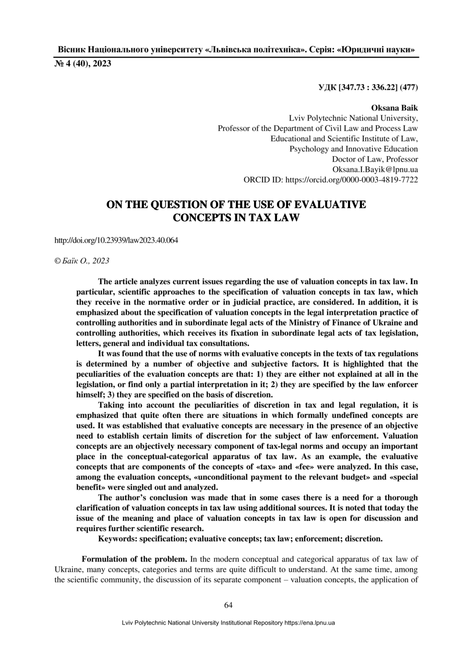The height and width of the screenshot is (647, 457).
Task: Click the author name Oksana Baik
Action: tap(394, 109)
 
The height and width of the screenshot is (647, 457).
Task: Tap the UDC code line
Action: tap(368, 87)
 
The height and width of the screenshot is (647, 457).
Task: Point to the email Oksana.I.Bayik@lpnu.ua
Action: tap(375, 169)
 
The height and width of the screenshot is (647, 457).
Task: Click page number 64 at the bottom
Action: tap(228, 605)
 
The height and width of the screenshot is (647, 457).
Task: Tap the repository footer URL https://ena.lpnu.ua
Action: tap(309, 623)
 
